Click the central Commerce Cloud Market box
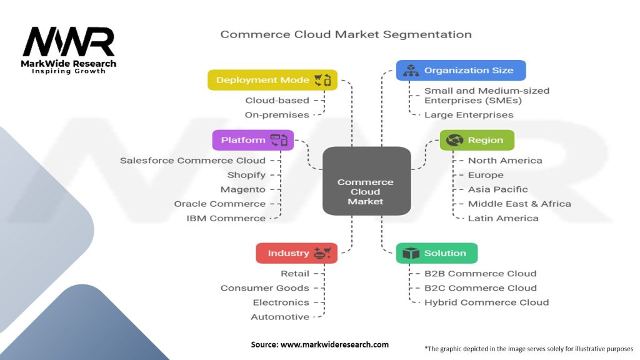click(366, 181)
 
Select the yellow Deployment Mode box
click(272, 80)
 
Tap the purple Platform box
click(252, 140)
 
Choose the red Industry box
click(296, 253)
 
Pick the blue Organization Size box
click(461, 71)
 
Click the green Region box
click(477, 140)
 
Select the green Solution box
click(436, 253)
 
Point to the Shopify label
click(246, 175)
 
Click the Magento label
click(243, 189)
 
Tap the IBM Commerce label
click(226, 218)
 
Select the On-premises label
click(277, 115)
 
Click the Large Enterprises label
click(469, 115)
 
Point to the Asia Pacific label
click(498, 189)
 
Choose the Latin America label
click(503, 218)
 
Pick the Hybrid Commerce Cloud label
click(486, 302)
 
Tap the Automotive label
click(280, 317)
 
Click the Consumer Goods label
click(265, 288)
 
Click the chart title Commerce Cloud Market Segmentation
click(346, 34)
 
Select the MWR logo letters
click(69, 42)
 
